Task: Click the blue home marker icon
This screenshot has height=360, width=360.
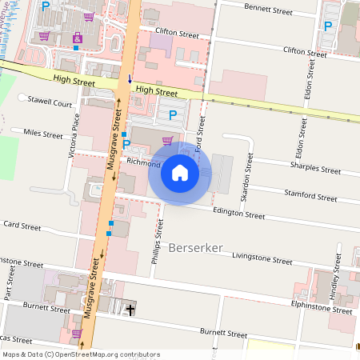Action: pyautogui.click(x=180, y=172)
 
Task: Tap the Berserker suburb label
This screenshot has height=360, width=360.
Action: pyautogui.click(x=196, y=248)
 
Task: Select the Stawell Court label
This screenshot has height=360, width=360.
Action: pyautogui.click(x=50, y=103)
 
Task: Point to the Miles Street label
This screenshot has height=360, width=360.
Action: pyautogui.click(x=43, y=134)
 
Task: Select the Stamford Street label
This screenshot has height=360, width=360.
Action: pyautogui.click(x=310, y=196)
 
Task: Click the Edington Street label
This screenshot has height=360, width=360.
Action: pyautogui.click(x=238, y=214)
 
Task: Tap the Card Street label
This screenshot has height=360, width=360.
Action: pyautogui.click(x=22, y=226)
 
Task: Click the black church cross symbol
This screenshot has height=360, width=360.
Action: pyautogui.click(x=130, y=308)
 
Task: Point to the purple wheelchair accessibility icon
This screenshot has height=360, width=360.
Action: pyautogui.click(x=77, y=38)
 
